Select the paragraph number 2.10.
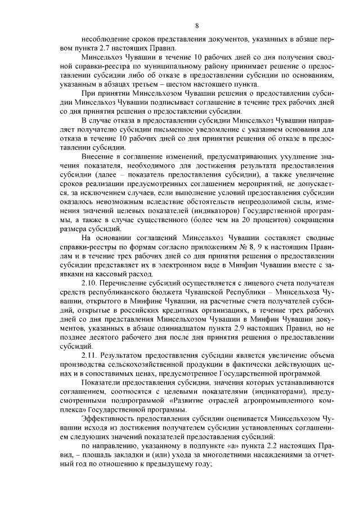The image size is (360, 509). point(90,281)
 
